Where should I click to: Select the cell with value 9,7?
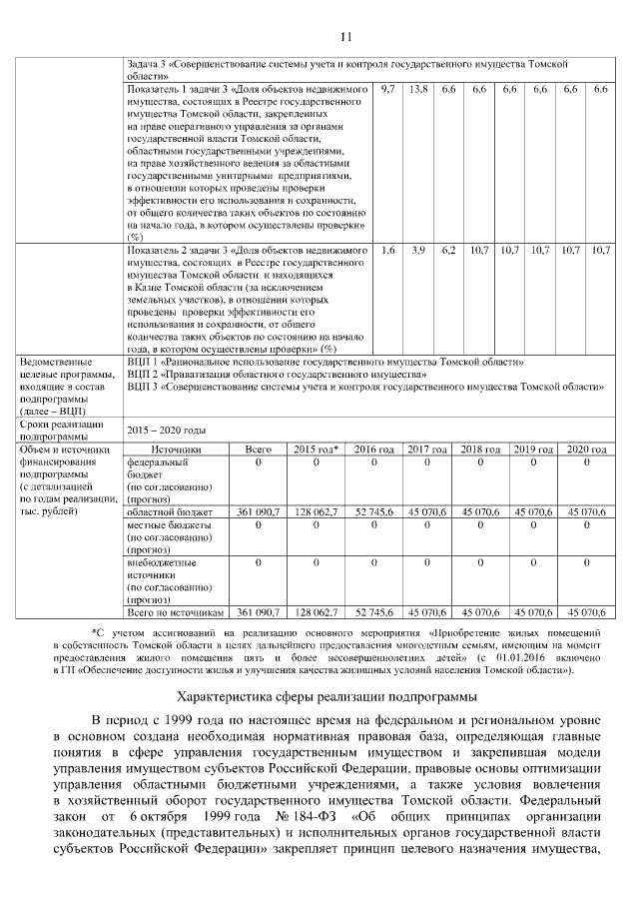coord(388,90)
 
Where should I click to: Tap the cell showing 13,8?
coord(418,90)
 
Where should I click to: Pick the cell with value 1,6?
coord(388,249)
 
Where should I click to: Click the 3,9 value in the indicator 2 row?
coord(418,249)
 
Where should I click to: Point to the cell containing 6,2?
coord(448,249)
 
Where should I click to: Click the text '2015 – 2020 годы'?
coord(167,430)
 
